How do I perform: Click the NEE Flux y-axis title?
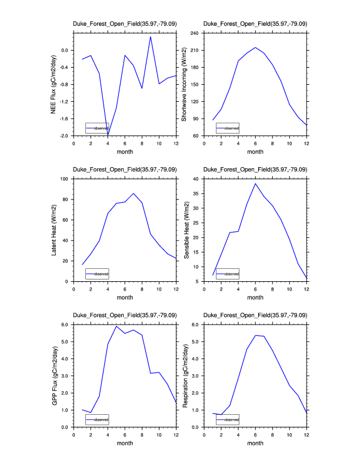[x=54, y=84]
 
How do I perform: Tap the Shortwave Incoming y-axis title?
[x=184, y=84]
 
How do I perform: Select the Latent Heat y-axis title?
[x=54, y=229]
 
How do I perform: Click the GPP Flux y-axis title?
[x=54, y=375]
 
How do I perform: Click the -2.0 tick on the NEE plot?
[x=63, y=136]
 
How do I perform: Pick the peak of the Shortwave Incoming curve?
[x=255, y=48]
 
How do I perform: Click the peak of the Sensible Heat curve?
[x=255, y=184]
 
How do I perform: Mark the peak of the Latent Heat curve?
[x=134, y=193]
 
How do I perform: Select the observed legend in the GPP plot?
[x=97, y=419]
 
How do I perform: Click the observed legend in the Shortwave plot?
[x=228, y=128]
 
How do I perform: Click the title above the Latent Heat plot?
[x=124, y=170]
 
